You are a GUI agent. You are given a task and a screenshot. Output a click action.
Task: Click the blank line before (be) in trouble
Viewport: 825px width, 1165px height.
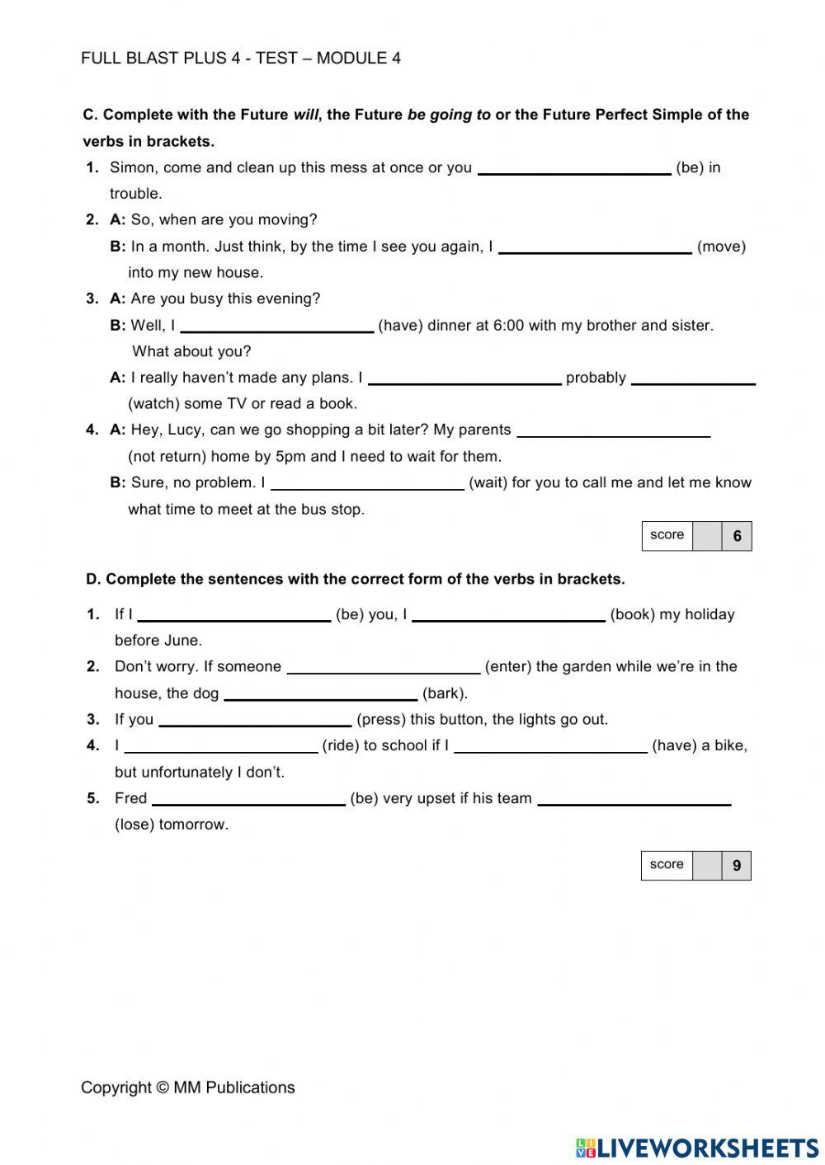pos(574,168)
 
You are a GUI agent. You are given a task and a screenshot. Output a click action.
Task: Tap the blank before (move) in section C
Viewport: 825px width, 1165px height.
pos(595,247)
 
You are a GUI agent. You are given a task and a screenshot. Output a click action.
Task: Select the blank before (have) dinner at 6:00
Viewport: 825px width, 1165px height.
pos(276,326)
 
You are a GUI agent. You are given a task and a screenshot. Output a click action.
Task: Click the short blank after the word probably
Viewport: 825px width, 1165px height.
pos(693,378)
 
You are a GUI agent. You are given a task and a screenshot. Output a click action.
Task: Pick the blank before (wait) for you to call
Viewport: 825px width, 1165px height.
pos(367,484)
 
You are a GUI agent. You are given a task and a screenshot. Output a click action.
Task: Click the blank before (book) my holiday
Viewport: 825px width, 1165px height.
pos(508,615)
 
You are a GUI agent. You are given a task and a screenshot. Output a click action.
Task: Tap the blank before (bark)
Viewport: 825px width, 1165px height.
pos(320,694)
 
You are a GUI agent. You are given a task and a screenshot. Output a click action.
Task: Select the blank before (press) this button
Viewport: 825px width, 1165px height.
pos(255,721)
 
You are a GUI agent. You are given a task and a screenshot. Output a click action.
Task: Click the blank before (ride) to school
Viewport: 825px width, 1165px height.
pos(221,747)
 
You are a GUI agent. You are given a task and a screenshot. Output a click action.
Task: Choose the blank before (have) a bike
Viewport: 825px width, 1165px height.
pos(550,747)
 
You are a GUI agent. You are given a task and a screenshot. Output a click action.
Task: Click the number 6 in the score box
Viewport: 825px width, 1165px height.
pos(737,537)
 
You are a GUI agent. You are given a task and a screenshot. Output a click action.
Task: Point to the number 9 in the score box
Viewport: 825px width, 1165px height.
pos(737,867)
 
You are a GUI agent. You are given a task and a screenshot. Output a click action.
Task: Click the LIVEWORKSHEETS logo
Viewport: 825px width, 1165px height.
pos(697,1148)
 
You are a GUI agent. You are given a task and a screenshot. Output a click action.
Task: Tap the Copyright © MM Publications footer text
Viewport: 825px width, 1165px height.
pos(187,1087)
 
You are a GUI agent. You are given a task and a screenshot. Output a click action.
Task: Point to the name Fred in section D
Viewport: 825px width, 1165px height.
pos(130,798)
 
